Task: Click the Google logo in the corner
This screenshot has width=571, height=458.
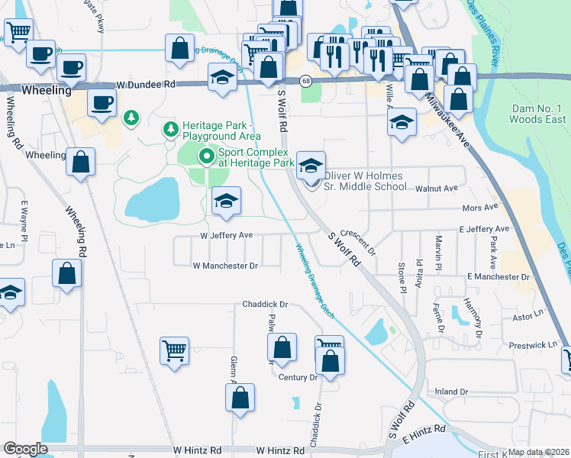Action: point(25,449)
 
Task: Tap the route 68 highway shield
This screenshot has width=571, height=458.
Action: point(306,80)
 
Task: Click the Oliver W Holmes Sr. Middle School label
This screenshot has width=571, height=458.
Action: point(366,181)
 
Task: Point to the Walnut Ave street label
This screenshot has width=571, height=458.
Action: point(437,188)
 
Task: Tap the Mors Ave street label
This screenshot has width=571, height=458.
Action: point(480,207)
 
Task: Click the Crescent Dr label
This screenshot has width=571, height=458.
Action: point(359,241)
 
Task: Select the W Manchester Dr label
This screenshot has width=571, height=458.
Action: point(225,266)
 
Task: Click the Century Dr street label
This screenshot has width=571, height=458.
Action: point(298,377)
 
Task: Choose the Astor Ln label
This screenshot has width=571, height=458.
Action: point(527,314)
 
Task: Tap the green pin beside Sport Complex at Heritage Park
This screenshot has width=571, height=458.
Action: point(206,157)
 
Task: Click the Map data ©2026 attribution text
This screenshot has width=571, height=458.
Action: point(539,452)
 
